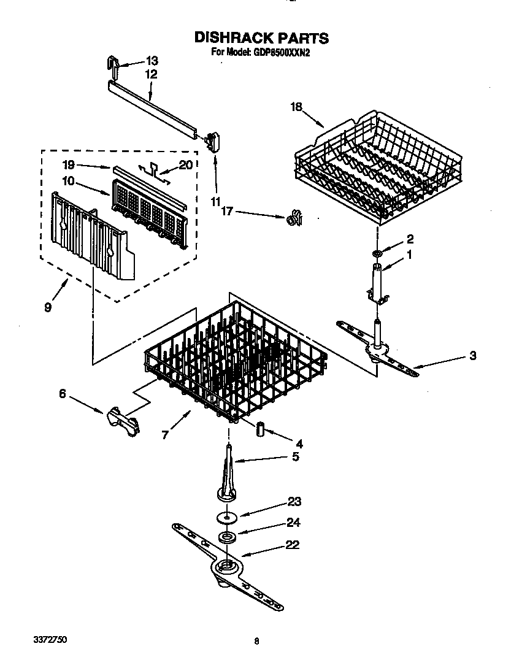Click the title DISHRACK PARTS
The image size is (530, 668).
[261, 38]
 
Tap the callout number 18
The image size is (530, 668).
[296, 107]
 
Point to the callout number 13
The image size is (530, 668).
[151, 61]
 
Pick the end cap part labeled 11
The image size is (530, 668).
[213, 140]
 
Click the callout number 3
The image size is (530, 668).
[472, 355]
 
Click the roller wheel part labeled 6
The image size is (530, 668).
[123, 421]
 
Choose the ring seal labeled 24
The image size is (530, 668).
[228, 538]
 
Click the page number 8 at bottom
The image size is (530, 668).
[256, 642]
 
